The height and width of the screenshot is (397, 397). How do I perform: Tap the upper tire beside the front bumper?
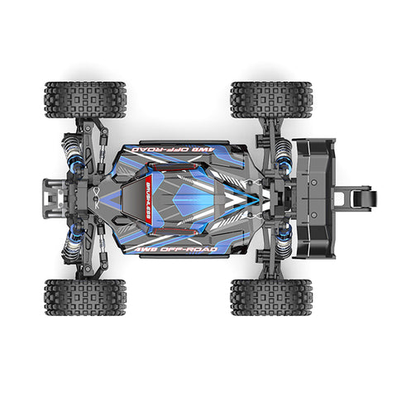pos(85,99)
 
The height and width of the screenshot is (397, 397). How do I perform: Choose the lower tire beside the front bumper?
pos(85,296)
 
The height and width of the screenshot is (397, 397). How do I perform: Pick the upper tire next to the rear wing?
pos(270,99)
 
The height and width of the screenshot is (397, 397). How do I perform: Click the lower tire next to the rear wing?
pos(270,296)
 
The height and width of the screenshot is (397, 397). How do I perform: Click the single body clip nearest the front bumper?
pos(99,198)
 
